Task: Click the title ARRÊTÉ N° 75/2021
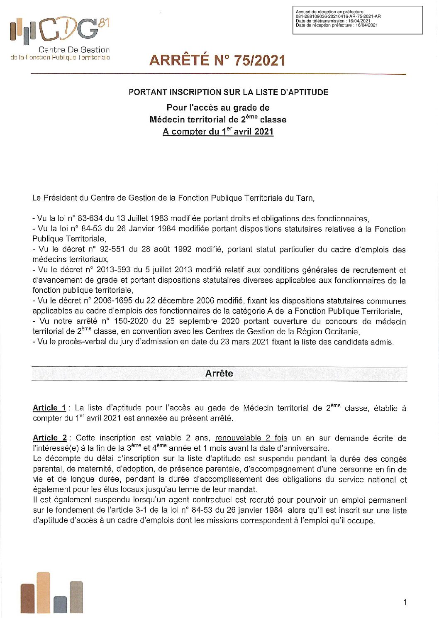coord(217,61)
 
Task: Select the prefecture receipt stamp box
coord(357,20)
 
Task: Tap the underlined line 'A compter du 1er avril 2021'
coord(218,132)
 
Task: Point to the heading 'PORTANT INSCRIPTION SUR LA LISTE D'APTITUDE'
coord(228,92)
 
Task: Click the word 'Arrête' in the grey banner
coord(219,374)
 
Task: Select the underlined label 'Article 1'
coord(49,408)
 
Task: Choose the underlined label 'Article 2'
coord(50,438)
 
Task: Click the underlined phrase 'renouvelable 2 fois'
coord(251,438)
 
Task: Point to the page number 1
coord(405,602)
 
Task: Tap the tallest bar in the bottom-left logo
coord(43,592)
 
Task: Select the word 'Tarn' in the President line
coord(304,198)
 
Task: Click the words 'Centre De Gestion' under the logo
coord(74,50)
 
